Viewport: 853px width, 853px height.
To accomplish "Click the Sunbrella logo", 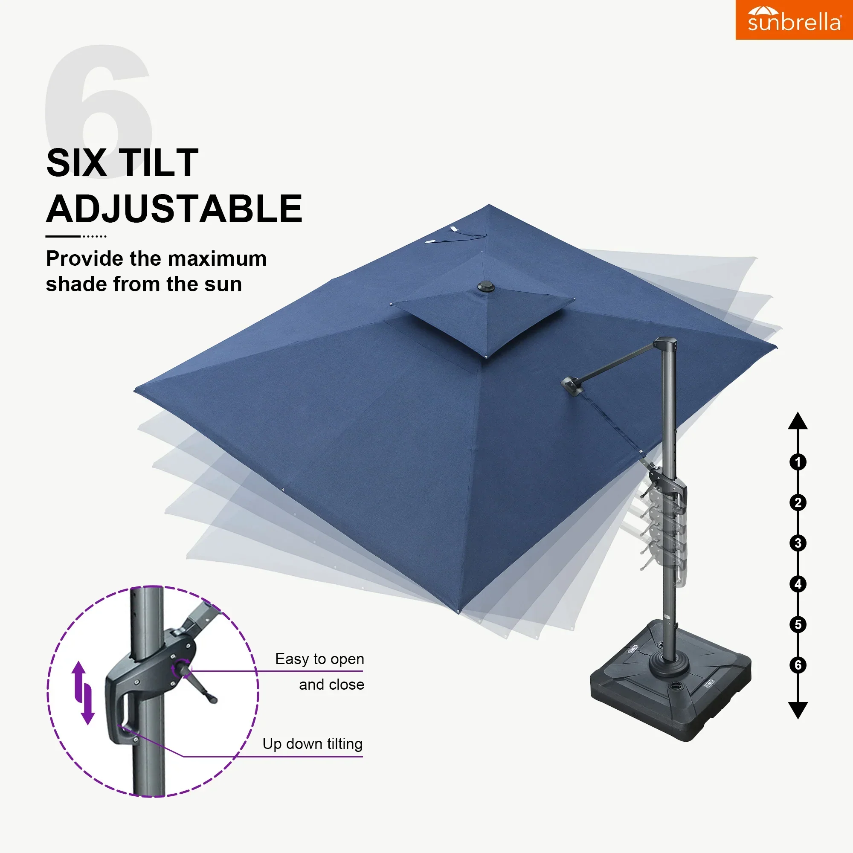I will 794,20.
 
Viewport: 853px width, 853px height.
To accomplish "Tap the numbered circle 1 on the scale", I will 798,462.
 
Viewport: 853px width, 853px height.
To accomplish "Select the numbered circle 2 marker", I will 798,502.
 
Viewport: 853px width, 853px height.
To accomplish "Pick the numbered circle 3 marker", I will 798,543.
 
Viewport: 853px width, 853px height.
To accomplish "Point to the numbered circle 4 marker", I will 798,584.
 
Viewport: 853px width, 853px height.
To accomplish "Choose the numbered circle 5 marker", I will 798,624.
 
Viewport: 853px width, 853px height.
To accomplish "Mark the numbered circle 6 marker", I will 798,665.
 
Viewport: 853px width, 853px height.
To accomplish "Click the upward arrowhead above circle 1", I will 798,421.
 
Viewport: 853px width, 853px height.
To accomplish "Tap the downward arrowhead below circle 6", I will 798,710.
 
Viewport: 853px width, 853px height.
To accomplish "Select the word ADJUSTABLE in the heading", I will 174,209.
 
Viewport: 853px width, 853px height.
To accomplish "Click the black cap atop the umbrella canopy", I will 486,287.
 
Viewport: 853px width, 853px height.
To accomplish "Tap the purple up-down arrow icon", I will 84,693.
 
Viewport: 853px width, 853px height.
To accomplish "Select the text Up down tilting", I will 312,744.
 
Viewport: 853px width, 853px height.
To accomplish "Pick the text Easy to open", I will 319,659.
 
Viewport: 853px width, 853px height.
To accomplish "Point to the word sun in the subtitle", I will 225,284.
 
